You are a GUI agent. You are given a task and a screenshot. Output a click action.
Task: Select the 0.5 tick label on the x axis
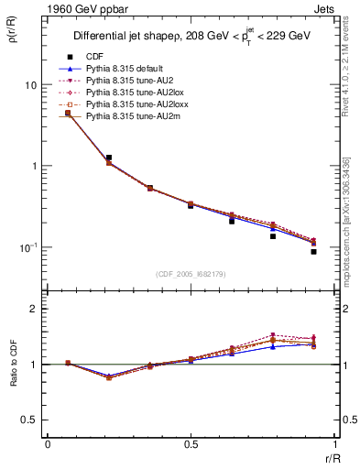coord(191,442)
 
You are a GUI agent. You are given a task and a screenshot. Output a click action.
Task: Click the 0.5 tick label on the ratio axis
coord(29,420)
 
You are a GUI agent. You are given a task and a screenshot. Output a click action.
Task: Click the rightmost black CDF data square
coord(313,251)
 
